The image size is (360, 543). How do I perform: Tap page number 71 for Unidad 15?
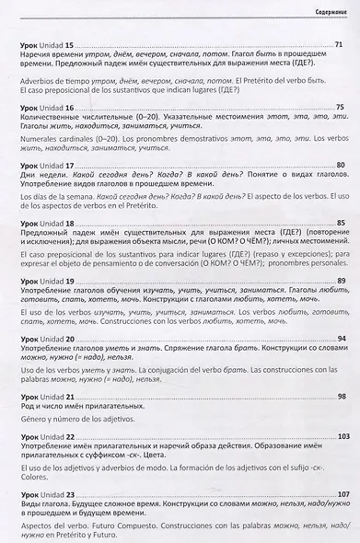coord(339,44)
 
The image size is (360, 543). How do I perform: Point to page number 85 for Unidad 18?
coord(340,223)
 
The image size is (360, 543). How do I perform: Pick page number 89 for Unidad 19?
coord(340,280)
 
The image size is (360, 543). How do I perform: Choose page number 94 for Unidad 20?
coord(340,339)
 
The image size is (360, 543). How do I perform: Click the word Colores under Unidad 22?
coord(32,476)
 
